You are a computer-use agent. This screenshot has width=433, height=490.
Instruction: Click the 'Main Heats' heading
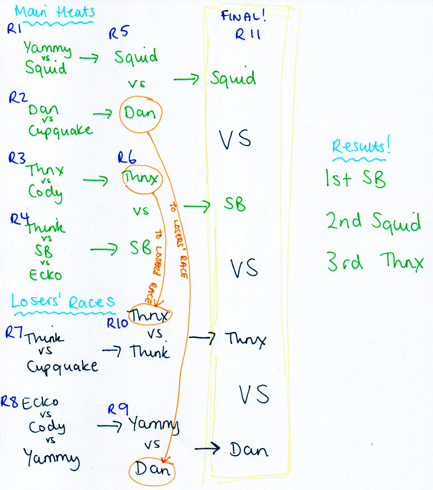(x=55, y=12)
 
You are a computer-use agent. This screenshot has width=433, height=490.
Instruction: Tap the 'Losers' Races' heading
(x=63, y=301)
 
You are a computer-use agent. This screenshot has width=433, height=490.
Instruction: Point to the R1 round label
(x=14, y=28)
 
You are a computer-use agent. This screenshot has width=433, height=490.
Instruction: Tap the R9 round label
(x=118, y=410)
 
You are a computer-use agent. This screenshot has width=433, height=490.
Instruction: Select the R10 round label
(x=117, y=323)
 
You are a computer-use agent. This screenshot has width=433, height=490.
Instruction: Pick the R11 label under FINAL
(x=248, y=35)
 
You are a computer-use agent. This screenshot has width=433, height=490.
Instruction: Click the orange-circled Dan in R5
(x=140, y=113)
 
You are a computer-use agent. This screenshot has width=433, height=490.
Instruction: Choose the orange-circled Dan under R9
(x=152, y=469)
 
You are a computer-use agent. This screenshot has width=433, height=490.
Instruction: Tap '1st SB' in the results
(x=355, y=179)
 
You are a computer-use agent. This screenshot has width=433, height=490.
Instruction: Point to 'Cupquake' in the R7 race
(x=62, y=367)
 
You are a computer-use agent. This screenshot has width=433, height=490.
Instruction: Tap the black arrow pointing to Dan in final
(x=207, y=448)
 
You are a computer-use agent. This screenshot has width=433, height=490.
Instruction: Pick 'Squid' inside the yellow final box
(x=233, y=78)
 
